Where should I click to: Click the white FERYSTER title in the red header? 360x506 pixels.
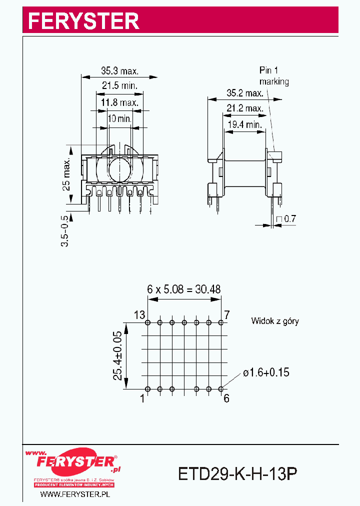tap(83, 20)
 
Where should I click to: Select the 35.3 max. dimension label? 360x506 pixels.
tap(119, 71)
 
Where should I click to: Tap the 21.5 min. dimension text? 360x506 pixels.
tap(119, 85)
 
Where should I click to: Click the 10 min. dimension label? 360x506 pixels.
tap(119, 118)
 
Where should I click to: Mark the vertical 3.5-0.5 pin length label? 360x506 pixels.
tap(64, 230)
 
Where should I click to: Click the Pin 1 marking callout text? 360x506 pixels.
tap(273, 76)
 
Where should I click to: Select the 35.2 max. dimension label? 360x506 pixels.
tap(244, 93)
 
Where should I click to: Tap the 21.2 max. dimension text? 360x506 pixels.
tap(244, 108)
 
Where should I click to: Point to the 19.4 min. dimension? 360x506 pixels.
tap(244, 124)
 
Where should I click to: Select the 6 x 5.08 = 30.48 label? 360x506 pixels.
tap(183, 289)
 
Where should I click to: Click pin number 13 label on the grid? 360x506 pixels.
tap(139, 315)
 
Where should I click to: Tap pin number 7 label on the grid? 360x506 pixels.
tap(226, 315)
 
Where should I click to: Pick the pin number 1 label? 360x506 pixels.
tap(142, 398)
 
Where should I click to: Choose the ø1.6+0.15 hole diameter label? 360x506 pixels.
tap(266, 372)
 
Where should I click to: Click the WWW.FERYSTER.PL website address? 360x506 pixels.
tap(74, 494)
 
